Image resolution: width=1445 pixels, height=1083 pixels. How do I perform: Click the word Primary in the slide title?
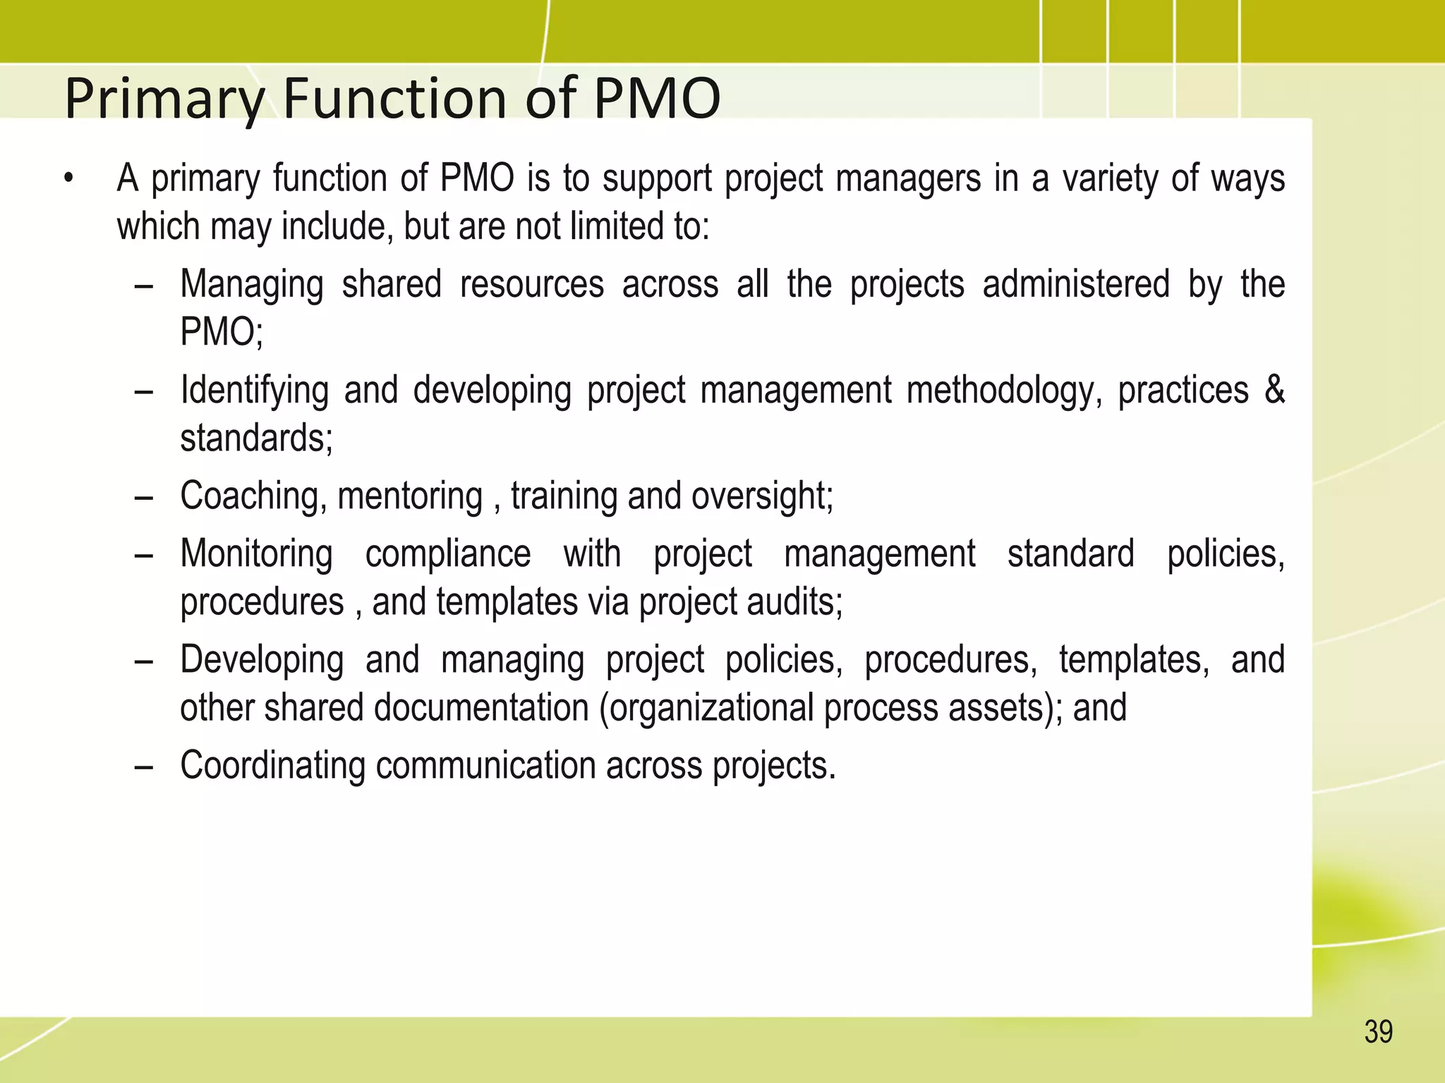coord(164,99)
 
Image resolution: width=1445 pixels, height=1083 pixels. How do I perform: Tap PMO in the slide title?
coord(656,98)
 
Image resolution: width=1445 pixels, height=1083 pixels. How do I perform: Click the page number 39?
coord(1378,1032)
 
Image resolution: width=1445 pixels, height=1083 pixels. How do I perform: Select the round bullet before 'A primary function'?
coord(68,179)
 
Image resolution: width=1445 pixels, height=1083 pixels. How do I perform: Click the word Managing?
coord(252,286)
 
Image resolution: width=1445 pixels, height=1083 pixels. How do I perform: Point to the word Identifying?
coord(254,391)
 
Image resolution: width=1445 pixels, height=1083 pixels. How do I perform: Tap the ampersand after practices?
coord(1274,390)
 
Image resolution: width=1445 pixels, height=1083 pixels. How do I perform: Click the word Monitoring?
coord(256,554)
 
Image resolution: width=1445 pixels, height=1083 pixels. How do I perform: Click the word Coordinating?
coord(272,766)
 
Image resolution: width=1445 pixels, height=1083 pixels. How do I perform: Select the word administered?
coord(1075,286)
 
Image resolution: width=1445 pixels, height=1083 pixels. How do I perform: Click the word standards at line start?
coord(255,439)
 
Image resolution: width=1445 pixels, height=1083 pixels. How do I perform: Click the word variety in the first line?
coord(1110,179)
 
